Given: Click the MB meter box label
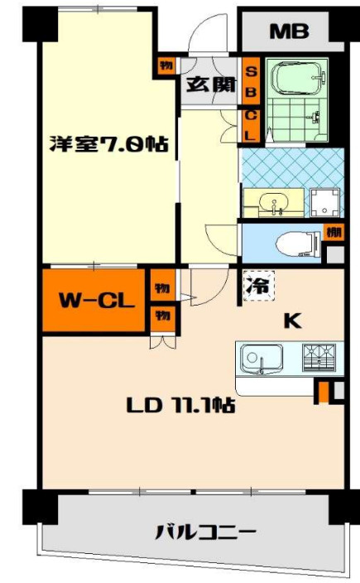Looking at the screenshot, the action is [289, 31].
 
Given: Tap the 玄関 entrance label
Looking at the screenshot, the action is [211, 84].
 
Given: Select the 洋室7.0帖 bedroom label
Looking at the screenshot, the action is [109, 144].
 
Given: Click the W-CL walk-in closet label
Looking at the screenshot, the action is [97, 301].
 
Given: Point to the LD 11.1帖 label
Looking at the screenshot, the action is [180, 405].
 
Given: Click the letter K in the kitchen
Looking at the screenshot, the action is [293, 320].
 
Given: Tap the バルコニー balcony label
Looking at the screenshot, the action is [205, 532].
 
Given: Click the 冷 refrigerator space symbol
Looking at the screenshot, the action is [259, 286].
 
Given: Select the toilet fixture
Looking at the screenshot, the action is [298, 243].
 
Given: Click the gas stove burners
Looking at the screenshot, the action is [319, 357].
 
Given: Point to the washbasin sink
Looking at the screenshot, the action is [274, 203].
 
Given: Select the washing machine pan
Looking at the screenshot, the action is [325, 203].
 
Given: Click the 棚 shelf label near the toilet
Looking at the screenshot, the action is [334, 232].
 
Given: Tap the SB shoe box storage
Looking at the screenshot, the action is [251, 81].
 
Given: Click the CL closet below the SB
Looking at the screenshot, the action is [251, 126].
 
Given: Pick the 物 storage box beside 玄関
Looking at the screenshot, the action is [166, 66].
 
